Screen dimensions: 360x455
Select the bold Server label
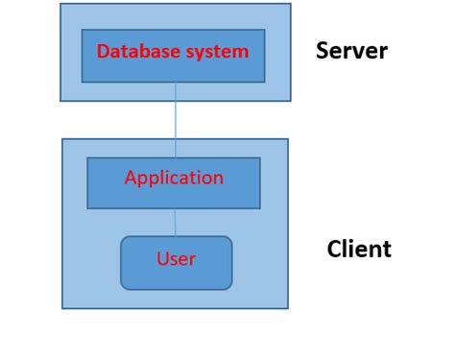[351, 51]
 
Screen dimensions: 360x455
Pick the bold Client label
[359, 250]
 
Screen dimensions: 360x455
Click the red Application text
[174, 178]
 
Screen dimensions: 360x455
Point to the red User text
[176, 259]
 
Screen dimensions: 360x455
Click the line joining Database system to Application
[176, 120]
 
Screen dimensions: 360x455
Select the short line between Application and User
[175, 223]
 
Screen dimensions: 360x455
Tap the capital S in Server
[323, 51]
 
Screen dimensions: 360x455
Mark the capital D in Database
[103, 52]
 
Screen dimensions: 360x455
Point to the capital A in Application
[131, 178]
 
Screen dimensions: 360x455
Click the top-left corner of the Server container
[60, 4]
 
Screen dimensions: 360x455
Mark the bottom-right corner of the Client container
[288, 308]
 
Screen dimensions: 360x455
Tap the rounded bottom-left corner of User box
[124, 286]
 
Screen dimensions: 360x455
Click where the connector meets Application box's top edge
[176, 158]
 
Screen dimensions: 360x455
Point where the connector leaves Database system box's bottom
[176, 83]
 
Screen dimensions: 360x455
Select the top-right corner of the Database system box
[265, 30]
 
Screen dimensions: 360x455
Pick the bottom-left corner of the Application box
[87, 208]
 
